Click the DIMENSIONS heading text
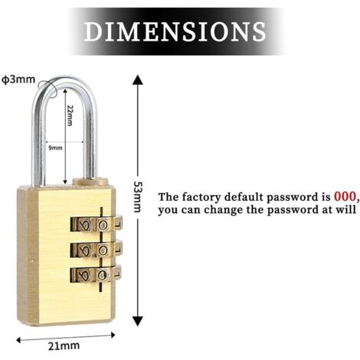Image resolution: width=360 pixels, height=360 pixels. pos(175,31)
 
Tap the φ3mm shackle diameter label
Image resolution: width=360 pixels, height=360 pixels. pos(18,80)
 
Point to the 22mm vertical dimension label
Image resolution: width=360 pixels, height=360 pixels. pos(70,115)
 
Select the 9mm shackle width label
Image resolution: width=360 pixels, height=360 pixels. pos(55,148)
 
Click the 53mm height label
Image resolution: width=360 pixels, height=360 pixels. pos(137,197)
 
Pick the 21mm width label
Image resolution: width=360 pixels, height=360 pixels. pos(64,346)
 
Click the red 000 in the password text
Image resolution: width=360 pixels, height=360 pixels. pos(345,197)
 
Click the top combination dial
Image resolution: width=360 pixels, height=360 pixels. pos(97,224)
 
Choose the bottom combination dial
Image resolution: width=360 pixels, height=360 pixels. pos(96,274)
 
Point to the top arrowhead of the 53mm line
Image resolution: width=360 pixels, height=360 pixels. pos(138,80)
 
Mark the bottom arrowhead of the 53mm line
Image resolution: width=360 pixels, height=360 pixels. pos(138,321)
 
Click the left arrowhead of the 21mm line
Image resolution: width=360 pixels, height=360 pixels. pos(19,340)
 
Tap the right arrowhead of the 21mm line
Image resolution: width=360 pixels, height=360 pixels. pos(113,335)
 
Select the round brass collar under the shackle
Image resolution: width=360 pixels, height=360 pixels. pos(90,182)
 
